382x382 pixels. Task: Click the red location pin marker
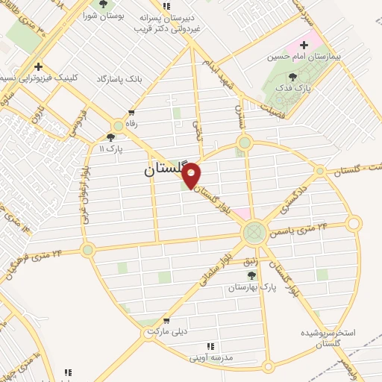[192, 175]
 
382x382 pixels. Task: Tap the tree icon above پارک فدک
[292, 76]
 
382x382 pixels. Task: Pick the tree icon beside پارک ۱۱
[111, 137]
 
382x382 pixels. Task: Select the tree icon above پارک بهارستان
[261, 275]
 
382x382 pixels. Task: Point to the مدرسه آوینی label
[212, 357]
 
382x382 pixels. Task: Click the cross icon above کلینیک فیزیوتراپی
[39, 66]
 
